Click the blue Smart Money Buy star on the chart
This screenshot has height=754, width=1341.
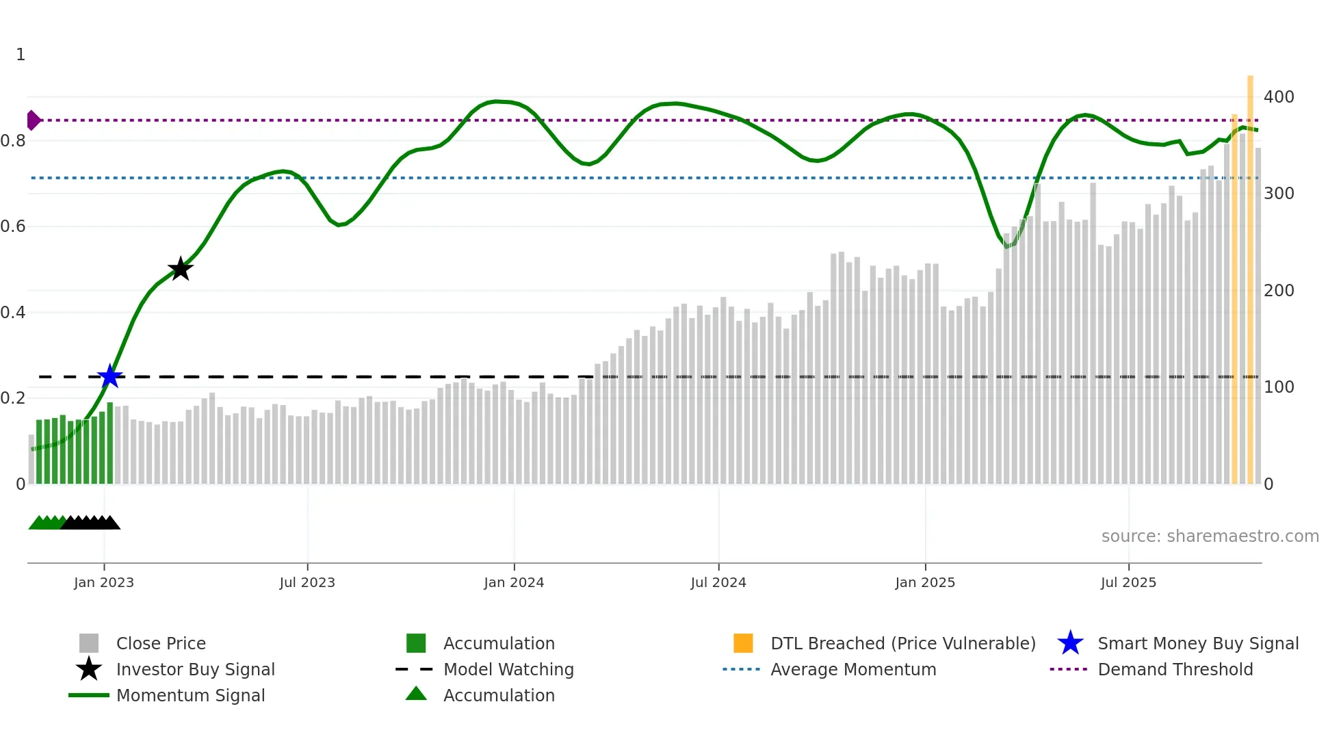tap(109, 376)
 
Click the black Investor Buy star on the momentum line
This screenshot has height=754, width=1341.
tap(180, 269)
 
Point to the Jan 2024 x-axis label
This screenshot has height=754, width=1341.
tap(514, 583)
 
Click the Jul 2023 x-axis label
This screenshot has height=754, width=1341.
tap(307, 583)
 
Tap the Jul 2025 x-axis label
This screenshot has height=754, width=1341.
tap(1128, 583)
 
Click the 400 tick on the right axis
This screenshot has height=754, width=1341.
tap(1278, 97)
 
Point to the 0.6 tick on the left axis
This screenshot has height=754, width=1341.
tap(13, 226)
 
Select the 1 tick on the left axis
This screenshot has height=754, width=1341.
tap(21, 55)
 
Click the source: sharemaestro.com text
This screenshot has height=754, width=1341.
tap(1210, 536)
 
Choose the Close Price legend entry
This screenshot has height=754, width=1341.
tap(161, 644)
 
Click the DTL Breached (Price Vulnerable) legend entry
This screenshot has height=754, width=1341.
tap(902, 644)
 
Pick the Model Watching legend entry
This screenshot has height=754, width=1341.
tap(508, 670)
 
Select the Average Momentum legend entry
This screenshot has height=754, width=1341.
tap(852, 670)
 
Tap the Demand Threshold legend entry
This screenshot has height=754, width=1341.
tap(1175, 670)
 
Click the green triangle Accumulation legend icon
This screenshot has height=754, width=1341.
tap(416, 694)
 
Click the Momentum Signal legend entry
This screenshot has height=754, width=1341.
tap(190, 696)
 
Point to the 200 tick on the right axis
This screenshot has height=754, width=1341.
tap(1278, 291)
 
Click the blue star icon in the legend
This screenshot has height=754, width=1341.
tap(1070, 644)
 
